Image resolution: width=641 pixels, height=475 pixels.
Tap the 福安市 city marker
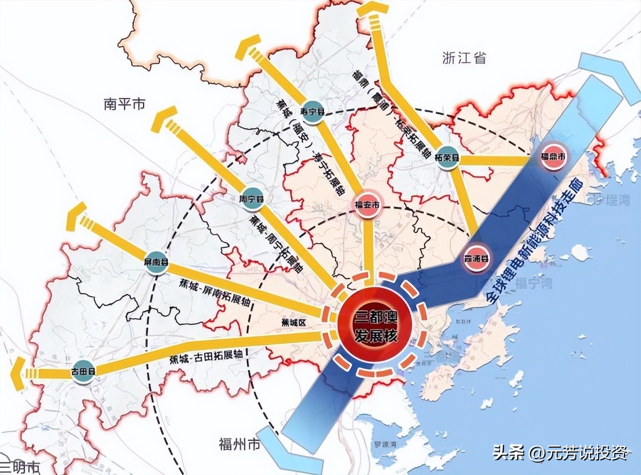coord(367,205)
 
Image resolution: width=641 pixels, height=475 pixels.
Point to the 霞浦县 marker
coord(476,258)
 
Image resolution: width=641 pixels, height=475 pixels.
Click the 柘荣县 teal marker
coord(447,157)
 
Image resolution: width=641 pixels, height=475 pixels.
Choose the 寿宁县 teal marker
coord(312,112)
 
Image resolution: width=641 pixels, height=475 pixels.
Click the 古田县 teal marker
coord(83,371)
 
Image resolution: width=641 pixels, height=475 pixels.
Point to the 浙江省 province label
coord(464,58)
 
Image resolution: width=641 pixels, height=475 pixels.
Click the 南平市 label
coord(125,104)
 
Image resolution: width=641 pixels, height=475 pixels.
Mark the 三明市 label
coord(19,468)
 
